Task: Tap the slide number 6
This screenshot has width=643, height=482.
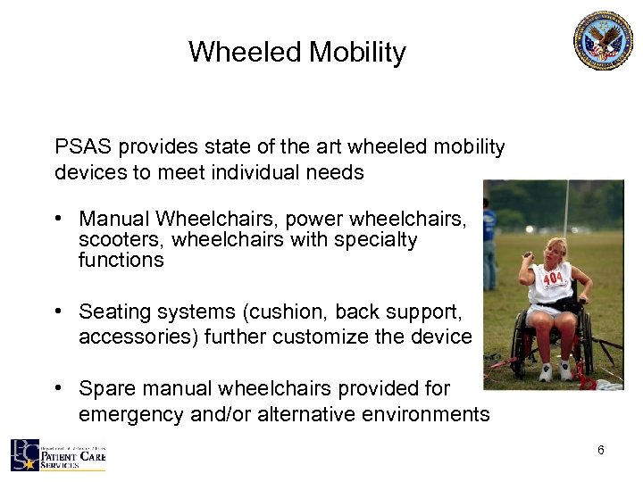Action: point(600,450)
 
